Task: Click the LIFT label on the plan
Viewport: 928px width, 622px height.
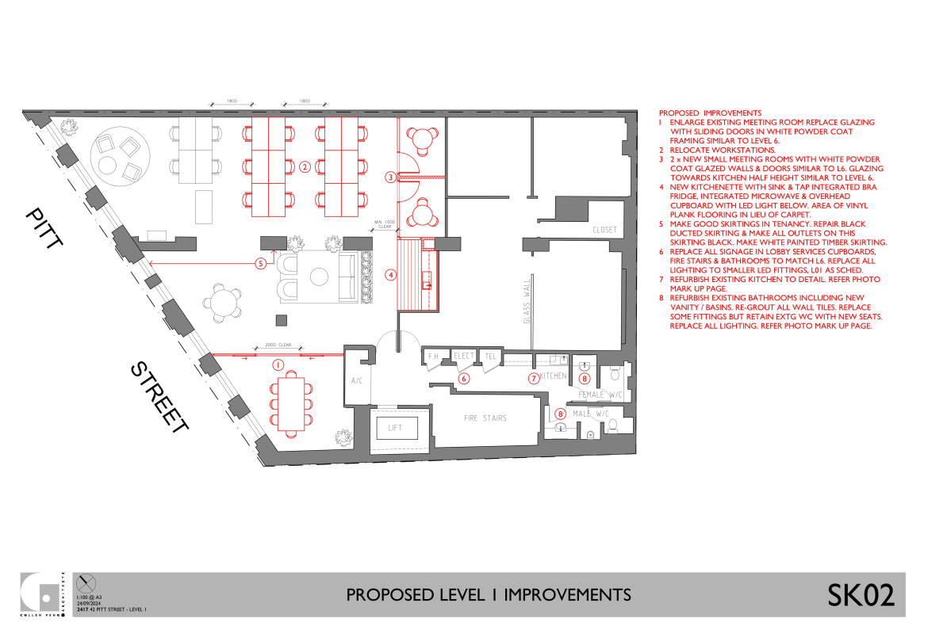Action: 395,428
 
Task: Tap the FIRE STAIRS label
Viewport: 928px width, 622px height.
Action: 485,418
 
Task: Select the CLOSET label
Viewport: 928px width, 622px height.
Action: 604,230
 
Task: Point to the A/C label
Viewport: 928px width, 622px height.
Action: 356,381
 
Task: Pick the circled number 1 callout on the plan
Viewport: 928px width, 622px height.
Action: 278,364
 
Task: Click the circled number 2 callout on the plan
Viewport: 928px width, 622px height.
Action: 305,166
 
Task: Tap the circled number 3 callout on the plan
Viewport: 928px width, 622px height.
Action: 390,177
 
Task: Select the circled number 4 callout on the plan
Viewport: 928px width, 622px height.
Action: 390,275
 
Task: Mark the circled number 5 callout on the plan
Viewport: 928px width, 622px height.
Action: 260,264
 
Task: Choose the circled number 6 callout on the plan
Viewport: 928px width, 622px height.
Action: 465,379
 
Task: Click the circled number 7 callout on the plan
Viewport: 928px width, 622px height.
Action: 534,378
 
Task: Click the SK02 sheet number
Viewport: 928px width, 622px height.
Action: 861,595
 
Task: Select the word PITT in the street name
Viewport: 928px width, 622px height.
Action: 44,229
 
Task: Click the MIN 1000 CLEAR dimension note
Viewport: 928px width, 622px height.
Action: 384,224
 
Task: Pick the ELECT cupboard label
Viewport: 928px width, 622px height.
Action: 464,357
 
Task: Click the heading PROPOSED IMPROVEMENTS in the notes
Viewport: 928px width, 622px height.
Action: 710,113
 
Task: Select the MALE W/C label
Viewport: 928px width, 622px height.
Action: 591,413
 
